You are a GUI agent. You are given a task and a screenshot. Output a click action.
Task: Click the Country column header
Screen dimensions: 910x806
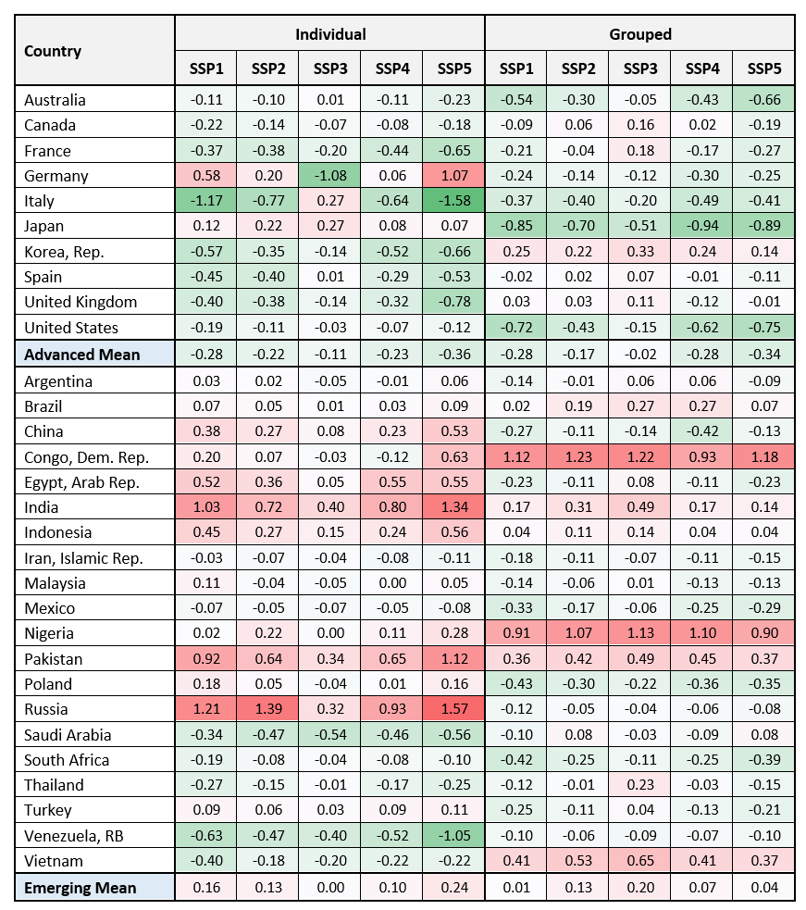pyautogui.click(x=53, y=52)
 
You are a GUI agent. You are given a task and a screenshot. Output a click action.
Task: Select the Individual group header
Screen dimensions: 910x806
pyautogui.click(x=330, y=34)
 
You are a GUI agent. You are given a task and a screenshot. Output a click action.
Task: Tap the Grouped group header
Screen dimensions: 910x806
pyautogui.click(x=639, y=34)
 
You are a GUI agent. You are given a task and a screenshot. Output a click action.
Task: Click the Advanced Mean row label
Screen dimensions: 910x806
pyautogui.click(x=82, y=355)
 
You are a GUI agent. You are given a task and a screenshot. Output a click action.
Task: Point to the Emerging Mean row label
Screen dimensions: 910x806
pyautogui.click(x=81, y=888)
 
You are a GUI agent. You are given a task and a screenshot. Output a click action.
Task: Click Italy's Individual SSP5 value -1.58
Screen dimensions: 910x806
pyautogui.click(x=454, y=201)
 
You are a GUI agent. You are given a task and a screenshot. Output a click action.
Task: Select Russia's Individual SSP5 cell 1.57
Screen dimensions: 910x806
pyautogui.click(x=454, y=709)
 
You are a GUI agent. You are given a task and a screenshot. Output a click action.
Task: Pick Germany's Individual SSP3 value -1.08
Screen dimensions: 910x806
pyautogui.click(x=330, y=176)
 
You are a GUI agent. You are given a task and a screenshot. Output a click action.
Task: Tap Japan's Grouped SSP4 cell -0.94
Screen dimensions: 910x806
pyautogui.click(x=701, y=226)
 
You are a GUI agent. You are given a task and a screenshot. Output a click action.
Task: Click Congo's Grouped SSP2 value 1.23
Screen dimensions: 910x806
pyautogui.click(x=577, y=456)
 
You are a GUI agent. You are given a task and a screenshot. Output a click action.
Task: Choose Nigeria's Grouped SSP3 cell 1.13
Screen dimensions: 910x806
pyautogui.click(x=639, y=633)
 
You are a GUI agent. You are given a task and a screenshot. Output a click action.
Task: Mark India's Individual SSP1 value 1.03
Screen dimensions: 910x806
pyautogui.click(x=206, y=506)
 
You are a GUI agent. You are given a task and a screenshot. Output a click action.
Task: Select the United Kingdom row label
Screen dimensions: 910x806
pyautogui.click(x=81, y=302)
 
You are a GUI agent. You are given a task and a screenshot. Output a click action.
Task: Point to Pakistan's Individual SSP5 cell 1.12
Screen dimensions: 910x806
pyautogui.click(x=454, y=659)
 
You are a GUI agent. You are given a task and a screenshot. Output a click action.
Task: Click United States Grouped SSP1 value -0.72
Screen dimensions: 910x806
pyautogui.click(x=515, y=328)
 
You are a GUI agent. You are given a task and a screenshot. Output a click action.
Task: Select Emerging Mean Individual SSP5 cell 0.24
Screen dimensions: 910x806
pyautogui.click(x=454, y=888)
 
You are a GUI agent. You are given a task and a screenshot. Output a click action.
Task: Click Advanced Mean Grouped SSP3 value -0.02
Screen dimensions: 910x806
pyautogui.click(x=639, y=355)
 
